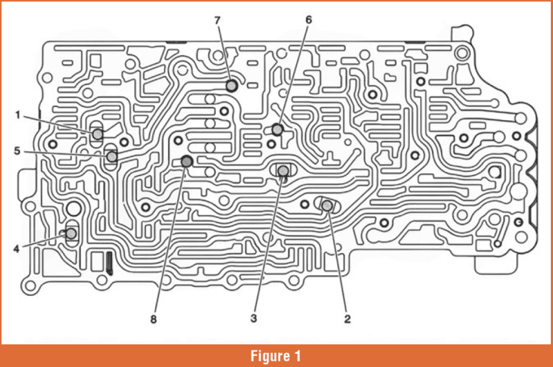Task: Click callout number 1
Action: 18,115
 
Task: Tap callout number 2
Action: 348,318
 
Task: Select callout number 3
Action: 253,318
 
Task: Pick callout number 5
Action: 18,151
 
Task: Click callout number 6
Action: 308,19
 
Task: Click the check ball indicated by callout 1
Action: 98,133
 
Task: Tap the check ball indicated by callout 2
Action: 327,205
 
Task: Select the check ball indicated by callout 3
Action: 283,170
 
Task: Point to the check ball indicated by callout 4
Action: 71,233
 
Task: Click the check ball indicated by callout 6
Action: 277,129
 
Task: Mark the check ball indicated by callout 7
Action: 232,86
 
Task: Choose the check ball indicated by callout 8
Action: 186,161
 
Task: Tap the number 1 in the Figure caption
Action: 298,356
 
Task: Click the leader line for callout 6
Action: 294,72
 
